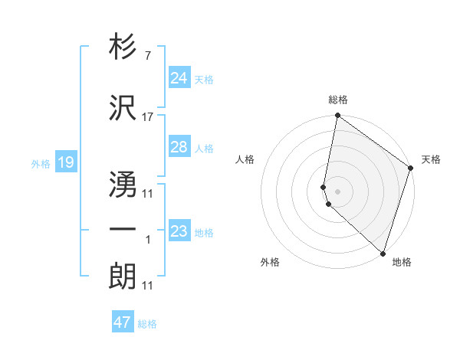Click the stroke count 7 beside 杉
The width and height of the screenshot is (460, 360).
point(147,57)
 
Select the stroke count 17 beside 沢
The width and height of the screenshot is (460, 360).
point(147,116)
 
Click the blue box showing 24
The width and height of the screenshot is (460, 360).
point(179,78)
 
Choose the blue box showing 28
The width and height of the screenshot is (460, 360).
point(179,147)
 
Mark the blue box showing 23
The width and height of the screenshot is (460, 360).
point(179,231)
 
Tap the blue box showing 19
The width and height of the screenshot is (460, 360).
point(65,162)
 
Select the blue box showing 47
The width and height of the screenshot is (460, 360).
point(123,322)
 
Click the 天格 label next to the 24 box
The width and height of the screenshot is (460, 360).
point(204,80)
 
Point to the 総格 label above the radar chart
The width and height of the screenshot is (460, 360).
point(338,100)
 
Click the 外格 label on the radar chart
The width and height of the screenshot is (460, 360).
point(270,262)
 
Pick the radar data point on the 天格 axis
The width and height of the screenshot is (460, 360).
point(411,169)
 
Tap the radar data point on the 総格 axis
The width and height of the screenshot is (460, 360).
point(337,116)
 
